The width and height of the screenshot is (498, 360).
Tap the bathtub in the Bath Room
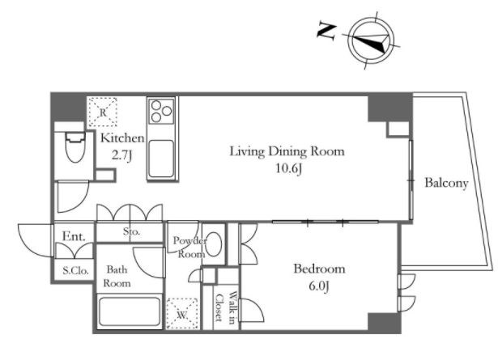pos(130,311)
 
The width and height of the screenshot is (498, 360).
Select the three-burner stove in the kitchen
pos(161,111)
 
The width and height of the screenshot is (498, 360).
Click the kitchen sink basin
pos(161,158)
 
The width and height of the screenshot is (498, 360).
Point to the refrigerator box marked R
pos(102,112)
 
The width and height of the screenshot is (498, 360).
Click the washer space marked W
pos(182,313)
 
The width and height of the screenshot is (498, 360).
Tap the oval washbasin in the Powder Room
pos(213,244)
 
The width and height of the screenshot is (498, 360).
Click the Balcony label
pos(446,183)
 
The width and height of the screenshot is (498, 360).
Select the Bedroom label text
pos(319,269)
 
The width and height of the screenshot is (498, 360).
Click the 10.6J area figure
pos(288,169)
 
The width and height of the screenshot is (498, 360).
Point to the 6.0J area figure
pos(318,286)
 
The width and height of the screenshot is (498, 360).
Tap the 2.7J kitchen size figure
pos(121,156)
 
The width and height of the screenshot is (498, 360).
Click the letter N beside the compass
pos(327,31)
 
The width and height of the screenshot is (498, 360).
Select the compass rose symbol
pos(371,41)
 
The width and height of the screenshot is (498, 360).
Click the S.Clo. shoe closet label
pos(75,270)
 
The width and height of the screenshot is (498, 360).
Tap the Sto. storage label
pos(131,231)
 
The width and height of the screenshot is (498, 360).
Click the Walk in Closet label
pos(226,307)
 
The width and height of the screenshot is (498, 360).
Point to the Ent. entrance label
pos(74,236)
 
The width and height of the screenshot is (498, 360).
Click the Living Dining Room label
pos(287,151)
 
